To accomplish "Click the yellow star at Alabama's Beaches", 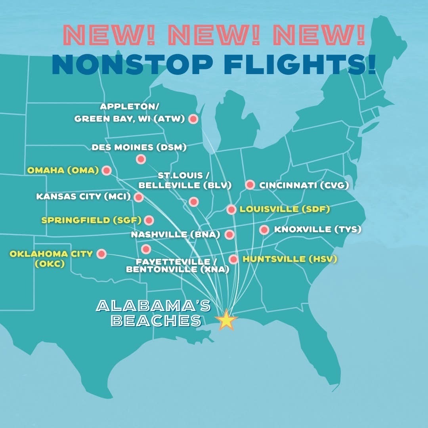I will [226, 320].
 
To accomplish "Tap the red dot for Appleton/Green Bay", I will [193, 119].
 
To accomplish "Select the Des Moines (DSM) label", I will [139, 147].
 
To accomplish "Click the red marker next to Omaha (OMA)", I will [106, 170].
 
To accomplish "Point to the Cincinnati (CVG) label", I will [304, 185].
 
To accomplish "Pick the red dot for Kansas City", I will [138, 197].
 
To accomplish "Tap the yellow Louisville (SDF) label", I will [285, 209].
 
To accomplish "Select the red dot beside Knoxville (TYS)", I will [264, 230].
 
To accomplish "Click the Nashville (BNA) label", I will [176, 235].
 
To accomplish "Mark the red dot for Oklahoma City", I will [101, 254].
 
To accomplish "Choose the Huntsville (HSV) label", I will [290, 259].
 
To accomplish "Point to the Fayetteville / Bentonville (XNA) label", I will [178, 266].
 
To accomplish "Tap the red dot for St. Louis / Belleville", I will [193, 202].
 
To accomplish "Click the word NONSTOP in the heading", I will [132, 65].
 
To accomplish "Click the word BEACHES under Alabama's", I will [157, 321].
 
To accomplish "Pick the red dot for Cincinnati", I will [250, 185].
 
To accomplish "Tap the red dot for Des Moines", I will [141, 159].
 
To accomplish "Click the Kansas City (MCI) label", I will [83, 197].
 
